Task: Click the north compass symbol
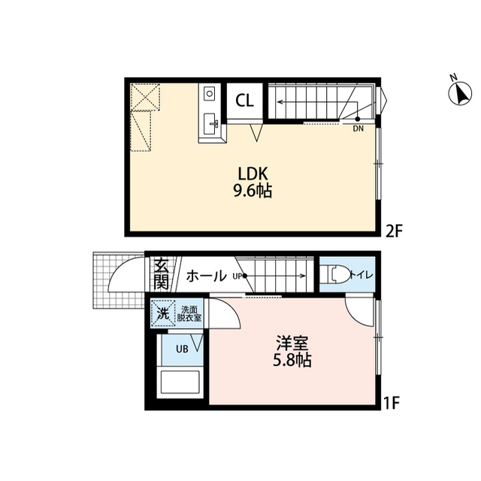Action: click(459, 92)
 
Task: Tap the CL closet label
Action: click(244, 100)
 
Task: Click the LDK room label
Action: click(253, 174)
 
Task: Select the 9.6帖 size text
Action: click(253, 192)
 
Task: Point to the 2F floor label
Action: click(393, 231)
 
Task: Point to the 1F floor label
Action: click(392, 404)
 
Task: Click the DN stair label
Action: click(358, 129)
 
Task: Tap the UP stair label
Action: click(237, 276)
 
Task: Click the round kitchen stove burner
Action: click(210, 92)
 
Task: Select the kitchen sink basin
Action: click(210, 123)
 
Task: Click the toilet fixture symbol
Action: click(339, 274)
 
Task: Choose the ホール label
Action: click(206, 276)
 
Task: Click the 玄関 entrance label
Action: click(162, 274)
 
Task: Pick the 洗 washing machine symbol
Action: click(163, 313)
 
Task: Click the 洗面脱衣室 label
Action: click(189, 313)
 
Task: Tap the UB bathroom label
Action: click(182, 349)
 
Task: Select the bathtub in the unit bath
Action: click(180, 381)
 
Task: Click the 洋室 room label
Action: click(292, 343)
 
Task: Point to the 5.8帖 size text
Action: click(292, 360)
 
